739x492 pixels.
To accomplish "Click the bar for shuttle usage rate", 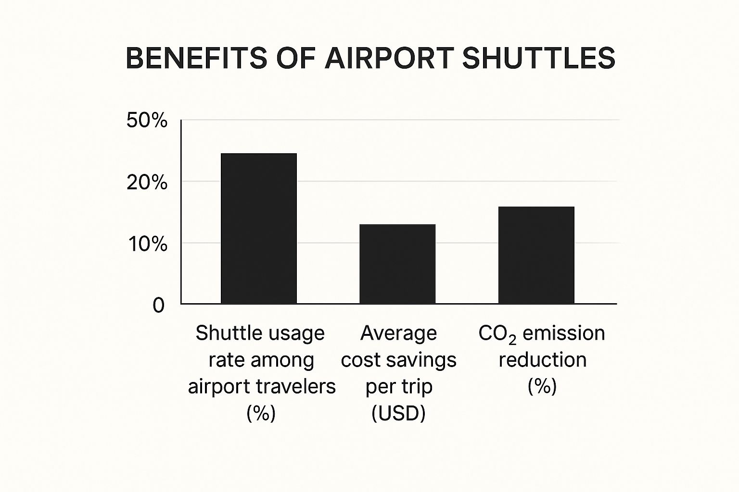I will (258, 228).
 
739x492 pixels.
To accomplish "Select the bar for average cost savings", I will (397, 264).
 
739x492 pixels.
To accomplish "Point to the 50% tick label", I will (147, 121).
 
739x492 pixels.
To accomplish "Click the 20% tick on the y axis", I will (147, 183).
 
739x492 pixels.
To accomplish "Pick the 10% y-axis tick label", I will (147, 244).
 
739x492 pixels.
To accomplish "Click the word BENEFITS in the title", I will (196, 58).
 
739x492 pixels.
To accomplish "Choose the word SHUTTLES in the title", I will (538, 58).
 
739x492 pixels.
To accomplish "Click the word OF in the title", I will (295, 58).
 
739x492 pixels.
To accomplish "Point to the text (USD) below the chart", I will (398, 413).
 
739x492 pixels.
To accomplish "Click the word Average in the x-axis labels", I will (398, 333).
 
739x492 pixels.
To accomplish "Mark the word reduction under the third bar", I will (542, 360).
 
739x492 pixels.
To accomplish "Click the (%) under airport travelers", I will (261, 413).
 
